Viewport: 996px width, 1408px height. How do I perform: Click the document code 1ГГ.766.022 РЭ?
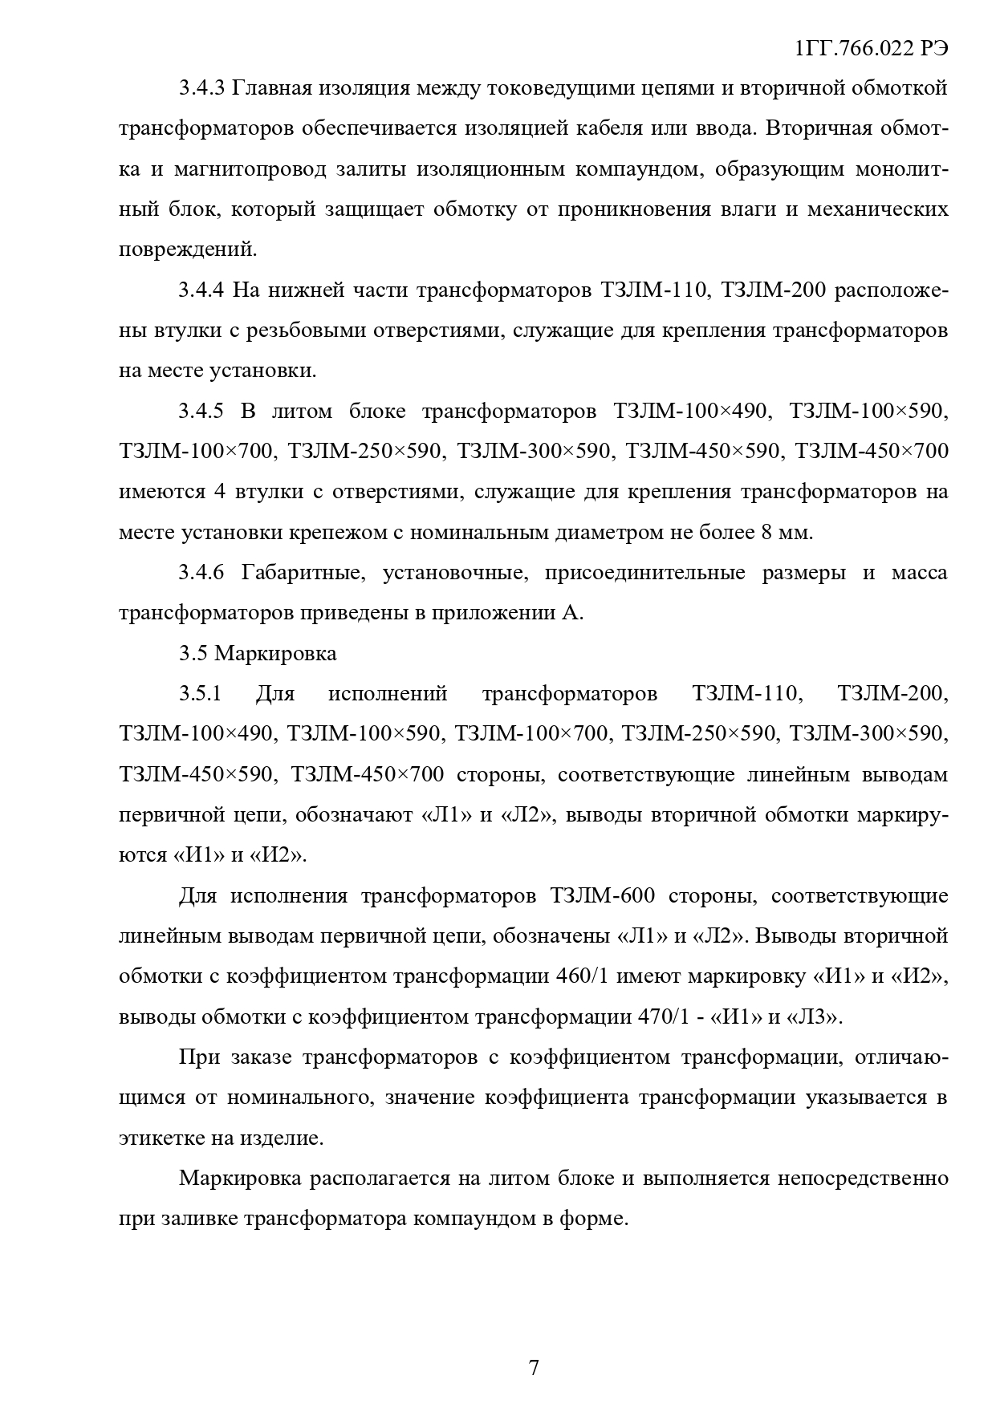point(871,49)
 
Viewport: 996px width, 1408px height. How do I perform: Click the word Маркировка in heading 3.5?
point(275,653)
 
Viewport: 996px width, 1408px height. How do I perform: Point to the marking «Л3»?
point(817,1017)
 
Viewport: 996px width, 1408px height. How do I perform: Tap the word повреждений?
point(188,250)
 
